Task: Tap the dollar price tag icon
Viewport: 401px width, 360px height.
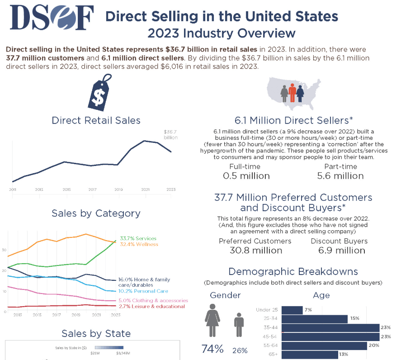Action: coord(100,94)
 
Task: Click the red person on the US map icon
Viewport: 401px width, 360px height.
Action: coord(292,93)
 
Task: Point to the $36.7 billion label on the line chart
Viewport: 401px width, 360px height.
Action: coord(170,134)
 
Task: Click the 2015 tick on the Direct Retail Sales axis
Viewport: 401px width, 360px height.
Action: coord(66,189)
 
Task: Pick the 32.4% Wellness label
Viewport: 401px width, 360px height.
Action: coord(139,245)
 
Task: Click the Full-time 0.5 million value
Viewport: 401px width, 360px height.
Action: coord(246,176)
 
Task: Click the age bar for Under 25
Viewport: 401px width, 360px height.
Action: coord(292,310)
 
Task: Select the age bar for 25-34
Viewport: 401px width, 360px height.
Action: coord(314,319)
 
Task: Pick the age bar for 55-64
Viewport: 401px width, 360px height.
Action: coord(324,346)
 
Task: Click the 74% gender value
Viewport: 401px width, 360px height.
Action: coord(212,349)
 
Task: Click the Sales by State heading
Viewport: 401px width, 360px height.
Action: coord(96,334)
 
